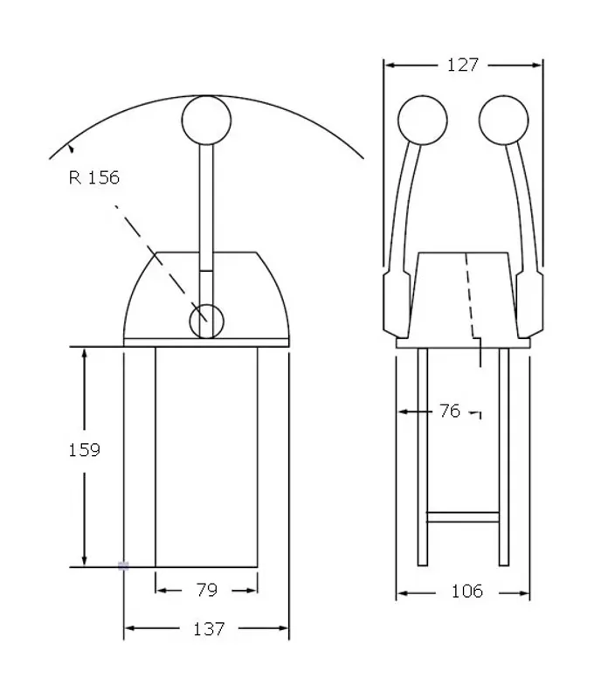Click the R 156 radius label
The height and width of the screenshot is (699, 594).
pyautogui.click(x=94, y=177)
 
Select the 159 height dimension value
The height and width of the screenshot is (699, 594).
pyautogui.click(x=84, y=450)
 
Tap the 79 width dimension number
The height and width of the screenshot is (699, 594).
pyautogui.click(x=207, y=590)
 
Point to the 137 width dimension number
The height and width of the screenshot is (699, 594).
pyautogui.click(x=209, y=629)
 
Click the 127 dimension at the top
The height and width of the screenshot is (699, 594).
pyautogui.click(x=463, y=65)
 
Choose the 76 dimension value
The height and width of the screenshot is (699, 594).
pyautogui.click(x=450, y=411)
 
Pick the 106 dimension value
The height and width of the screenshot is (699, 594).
pyautogui.click(x=467, y=592)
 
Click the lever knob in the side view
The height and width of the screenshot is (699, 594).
pyautogui.click(x=206, y=120)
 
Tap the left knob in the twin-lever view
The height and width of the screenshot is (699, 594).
pyautogui.click(x=423, y=120)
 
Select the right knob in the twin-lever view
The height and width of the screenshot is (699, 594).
pyautogui.click(x=504, y=120)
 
